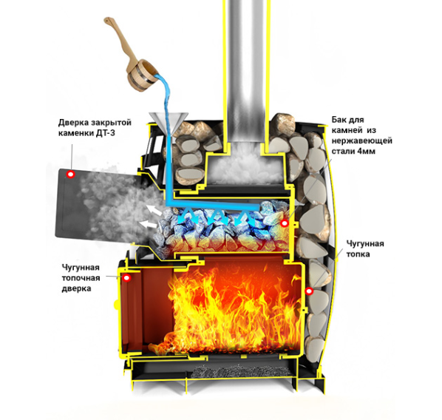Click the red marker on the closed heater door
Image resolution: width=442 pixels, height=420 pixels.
pyautogui.click(x=70, y=174)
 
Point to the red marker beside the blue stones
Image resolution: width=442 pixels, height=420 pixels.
pyautogui.click(x=285, y=223)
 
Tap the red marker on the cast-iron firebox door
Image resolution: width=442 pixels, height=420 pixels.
pyautogui.click(x=127, y=278)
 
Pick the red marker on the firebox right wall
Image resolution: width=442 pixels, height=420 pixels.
pyautogui.click(x=309, y=291)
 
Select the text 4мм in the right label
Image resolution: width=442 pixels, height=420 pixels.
pyautogui.click(x=367, y=151)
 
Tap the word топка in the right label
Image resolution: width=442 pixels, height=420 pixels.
pyautogui.click(x=358, y=254)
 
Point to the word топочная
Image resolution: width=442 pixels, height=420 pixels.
pyautogui.click(x=81, y=278)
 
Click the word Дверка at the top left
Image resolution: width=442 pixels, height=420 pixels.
pyautogui.click(x=73, y=123)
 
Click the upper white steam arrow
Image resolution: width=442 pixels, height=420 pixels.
pyautogui.click(x=152, y=210)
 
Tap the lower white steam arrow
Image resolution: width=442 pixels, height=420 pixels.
pyautogui.click(x=148, y=224)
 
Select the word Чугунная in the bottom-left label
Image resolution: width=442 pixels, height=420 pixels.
pyautogui.click(x=81, y=268)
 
